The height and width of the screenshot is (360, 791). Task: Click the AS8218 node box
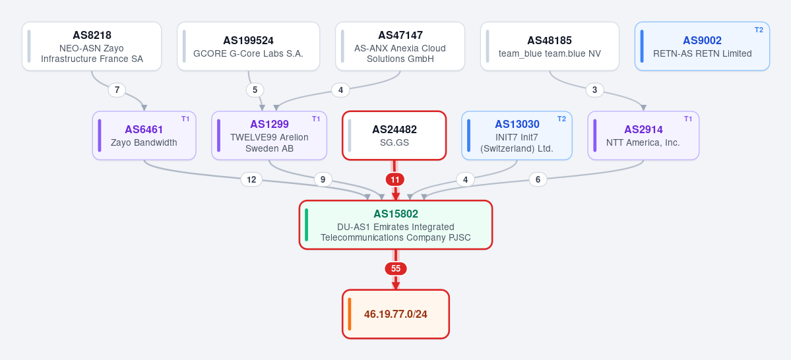click(x=92, y=46)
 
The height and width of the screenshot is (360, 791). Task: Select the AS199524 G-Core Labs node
click(x=248, y=46)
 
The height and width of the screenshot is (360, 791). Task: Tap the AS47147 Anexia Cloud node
click(x=400, y=46)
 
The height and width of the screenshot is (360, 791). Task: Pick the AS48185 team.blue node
click(x=550, y=46)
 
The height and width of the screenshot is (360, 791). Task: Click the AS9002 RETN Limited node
click(x=702, y=46)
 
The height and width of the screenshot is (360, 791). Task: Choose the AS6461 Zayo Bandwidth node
click(x=144, y=136)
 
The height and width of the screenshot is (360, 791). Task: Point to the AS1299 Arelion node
click(x=269, y=136)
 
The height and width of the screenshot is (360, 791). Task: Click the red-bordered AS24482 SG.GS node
click(x=395, y=136)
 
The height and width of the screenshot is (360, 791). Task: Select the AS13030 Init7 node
click(x=517, y=136)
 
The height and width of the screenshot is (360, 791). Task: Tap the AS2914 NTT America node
click(x=643, y=136)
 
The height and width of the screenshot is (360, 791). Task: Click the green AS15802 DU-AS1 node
click(x=396, y=225)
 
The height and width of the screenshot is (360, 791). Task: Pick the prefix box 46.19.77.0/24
click(x=396, y=314)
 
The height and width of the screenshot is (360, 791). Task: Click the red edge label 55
click(x=396, y=269)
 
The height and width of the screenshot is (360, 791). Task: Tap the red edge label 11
click(x=395, y=179)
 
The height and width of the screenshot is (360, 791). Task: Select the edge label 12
click(x=251, y=179)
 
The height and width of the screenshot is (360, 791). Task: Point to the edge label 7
click(x=117, y=90)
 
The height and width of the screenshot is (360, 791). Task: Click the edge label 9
click(x=323, y=179)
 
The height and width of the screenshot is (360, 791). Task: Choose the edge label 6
click(x=538, y=179)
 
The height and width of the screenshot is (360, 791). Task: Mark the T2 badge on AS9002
click(x=759, y=30)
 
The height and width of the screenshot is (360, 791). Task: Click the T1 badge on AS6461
click(x=185, y=119)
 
